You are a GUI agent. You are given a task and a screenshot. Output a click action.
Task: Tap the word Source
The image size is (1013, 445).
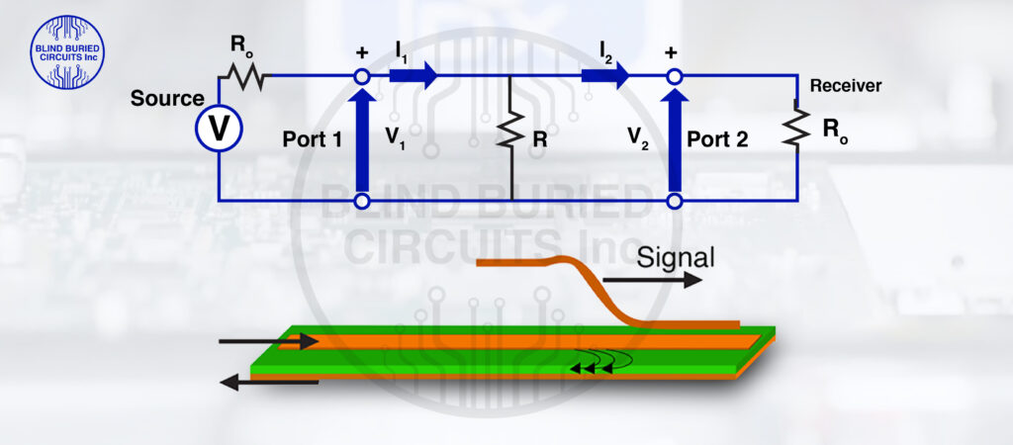pyautogui.click(x=167, y=99)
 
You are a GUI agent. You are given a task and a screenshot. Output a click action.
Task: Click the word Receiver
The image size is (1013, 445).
pyautogui.click(x=845, y=86)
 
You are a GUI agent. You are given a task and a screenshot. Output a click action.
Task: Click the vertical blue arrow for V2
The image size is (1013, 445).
pyautogui.click(x=675, y=138)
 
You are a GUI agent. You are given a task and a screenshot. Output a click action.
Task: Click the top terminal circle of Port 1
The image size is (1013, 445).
pyautogui.click(x=362, y=76)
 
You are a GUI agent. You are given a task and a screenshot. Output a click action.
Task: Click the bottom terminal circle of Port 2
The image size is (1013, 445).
pyautogui.click(x=675, y=202)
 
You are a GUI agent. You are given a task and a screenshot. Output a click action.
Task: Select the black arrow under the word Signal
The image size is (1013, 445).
pyautogui.click(x=668, y=281)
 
